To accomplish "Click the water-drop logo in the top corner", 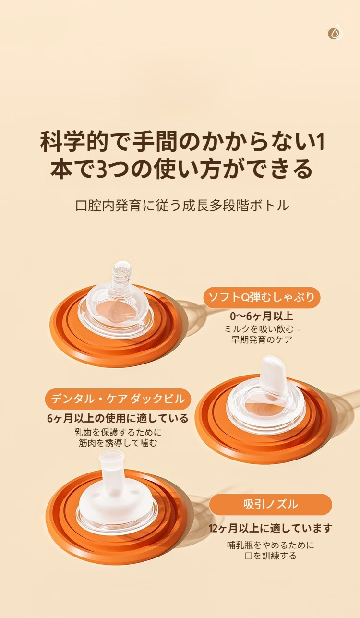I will [335, 33].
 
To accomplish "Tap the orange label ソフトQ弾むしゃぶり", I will [262, 297].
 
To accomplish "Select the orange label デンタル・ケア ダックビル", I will [118, 399].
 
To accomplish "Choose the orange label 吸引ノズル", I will [270, 504].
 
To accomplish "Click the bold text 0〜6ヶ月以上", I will [262, 316].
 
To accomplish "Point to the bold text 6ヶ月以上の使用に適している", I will [118, 418].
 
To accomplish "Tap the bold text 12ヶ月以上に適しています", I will [270, 529].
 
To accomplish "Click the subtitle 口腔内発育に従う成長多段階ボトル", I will [182, 206].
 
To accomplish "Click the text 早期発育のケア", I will [262, 339].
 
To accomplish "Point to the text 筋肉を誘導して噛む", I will [118, 443].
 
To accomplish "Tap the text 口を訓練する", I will [270, 556].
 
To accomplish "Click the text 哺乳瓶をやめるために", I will [270, 545].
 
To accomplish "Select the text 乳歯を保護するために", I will [118, 432].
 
